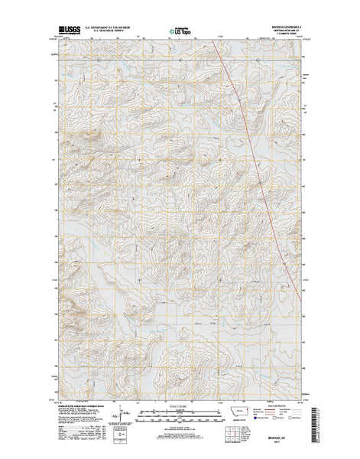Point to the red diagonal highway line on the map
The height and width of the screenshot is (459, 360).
(245, 115)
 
